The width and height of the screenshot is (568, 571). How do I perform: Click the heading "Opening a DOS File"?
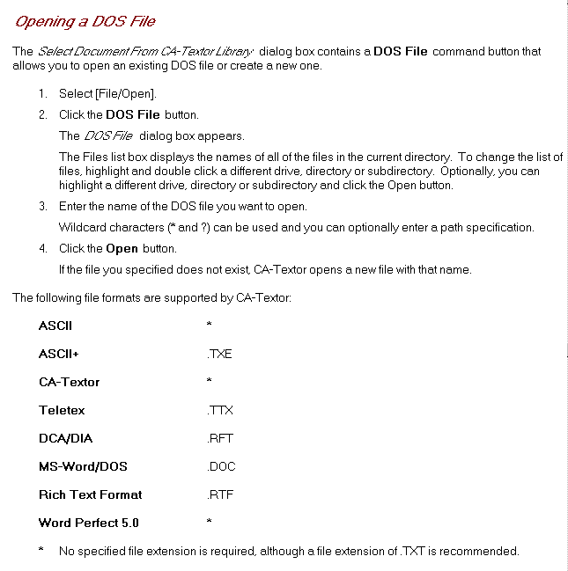tap(85, 21)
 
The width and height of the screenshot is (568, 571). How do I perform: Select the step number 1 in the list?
tap(41, 93)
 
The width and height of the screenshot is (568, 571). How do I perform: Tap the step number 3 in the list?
tap(41, 206)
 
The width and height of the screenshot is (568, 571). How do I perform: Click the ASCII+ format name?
tap(64, 354)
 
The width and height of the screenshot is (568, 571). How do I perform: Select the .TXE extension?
tap(219, 354)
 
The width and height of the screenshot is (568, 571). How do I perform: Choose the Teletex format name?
tap(63, 410)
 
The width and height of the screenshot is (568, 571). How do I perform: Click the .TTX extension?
tap(219, 410)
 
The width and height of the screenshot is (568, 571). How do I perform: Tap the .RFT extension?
tap(219, 438)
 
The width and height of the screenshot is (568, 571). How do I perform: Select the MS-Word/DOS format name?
tap(83, 466)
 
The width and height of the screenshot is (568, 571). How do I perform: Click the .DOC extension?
tap(221, 466)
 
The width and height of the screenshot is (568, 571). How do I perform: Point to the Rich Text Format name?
tap(90, 494)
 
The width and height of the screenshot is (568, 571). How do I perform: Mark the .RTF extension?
tap(219, 494)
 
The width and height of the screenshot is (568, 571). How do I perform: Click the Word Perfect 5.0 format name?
tap(89, 523)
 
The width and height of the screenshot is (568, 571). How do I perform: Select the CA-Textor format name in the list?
tap(70, 382)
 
